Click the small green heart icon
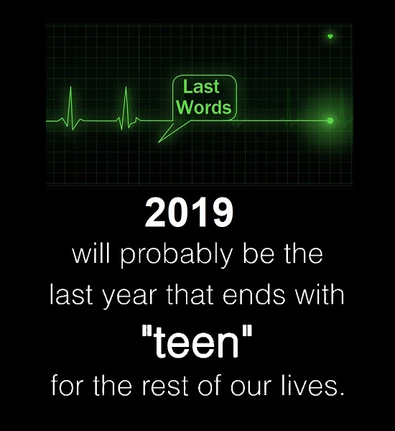pyautogui.click(x=330, y=37)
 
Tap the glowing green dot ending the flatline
pyautogui.click(x=330, y=121)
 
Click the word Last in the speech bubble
pyautogui.click(x=201, y=87)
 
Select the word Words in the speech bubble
pyautogui.click(x=205, y=107)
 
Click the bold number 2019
pyautogui.click(x=189, y=213)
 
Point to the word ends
pyautogui.click(x=254, y=295)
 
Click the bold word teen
pyautogui.click(x=196, y=343)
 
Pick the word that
pyautogui.click(x=190, y=295)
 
